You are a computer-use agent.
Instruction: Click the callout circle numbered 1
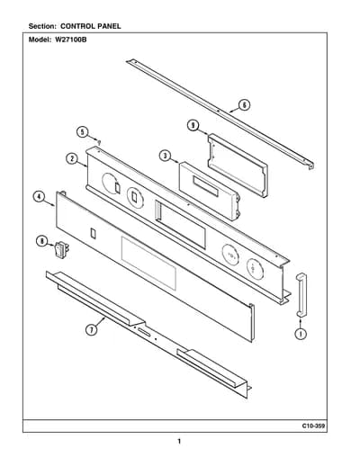point(301,334)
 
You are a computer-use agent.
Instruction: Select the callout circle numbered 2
point(72,158)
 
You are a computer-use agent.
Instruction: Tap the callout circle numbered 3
point(165,156)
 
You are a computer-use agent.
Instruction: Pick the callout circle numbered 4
point(39,197)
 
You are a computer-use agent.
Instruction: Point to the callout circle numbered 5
point(83,132)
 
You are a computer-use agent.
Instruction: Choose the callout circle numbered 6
point(245,105)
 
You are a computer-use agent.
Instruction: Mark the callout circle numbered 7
point(92,330)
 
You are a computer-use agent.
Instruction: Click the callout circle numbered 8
point(41,241)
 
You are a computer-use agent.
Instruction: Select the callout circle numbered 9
point(193,125)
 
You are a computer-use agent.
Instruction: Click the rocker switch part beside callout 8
point(61,250)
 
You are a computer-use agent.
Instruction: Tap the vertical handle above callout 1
point(301,295)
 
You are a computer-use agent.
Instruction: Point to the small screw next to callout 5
point(98,142)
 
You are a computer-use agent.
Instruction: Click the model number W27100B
point(71,40)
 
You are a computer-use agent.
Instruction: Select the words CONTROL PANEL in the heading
point(91,26)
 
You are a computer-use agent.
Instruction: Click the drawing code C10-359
point(313,426)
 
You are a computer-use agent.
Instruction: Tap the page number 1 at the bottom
point(179,442)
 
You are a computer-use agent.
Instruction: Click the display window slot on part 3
point(206,186)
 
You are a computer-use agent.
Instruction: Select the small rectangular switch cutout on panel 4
point(94,233)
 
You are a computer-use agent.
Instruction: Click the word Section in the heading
point(42,26)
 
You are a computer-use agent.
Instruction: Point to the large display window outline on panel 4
point(148,264)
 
